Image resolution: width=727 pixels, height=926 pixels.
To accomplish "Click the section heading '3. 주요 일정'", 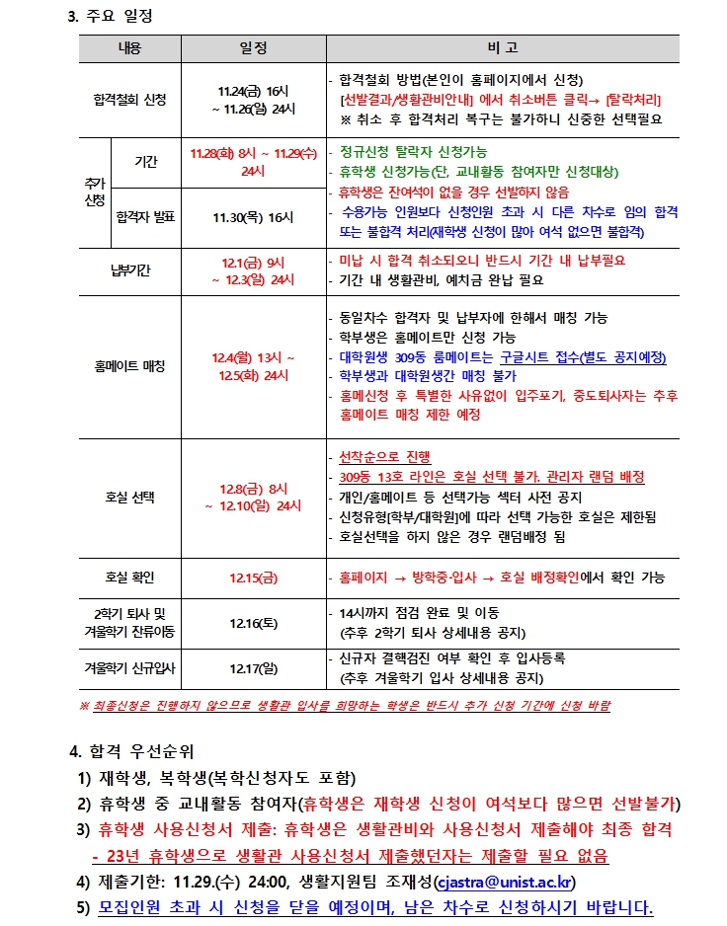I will tap(110, 17).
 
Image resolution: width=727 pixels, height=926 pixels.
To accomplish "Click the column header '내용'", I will tap(129, 48).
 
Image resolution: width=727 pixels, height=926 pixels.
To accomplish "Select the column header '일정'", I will tap(253, 48).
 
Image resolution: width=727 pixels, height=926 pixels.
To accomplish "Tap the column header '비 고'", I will tap(502, 48).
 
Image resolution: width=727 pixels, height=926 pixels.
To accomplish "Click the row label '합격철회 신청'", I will tap(129, 100).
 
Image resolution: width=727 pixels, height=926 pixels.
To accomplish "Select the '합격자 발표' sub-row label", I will tap(144, 216).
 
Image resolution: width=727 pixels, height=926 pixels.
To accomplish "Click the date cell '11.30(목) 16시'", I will tap(253, 216).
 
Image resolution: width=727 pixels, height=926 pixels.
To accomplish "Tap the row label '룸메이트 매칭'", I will tap(129, 366).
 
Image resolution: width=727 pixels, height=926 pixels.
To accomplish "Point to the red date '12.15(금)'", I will tap(253, 577).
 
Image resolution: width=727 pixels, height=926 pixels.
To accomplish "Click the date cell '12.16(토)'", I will tap(253, 623).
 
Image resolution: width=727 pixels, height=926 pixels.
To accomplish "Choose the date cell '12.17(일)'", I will tap(253, 669).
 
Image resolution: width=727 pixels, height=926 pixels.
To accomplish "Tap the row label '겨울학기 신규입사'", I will tap(129, 669).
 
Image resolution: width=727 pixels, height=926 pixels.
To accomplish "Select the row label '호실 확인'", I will tap(129, 577).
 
